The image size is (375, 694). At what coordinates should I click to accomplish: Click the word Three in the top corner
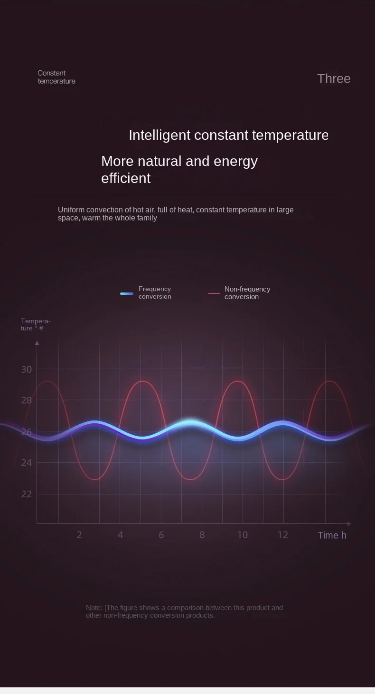tap(334, 79)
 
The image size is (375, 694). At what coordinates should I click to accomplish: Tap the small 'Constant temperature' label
tap(56, 77)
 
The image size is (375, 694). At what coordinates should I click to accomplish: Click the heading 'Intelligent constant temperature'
tap(228, 135)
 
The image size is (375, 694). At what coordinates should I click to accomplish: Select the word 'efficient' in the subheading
tap(126, 178)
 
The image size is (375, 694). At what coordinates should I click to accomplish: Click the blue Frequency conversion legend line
tap(127, 293)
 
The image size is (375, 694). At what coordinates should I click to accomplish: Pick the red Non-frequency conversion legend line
tap(214, 293)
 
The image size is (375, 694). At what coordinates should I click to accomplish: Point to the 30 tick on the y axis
tap(27, 369)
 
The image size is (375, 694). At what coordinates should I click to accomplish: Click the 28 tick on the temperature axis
tap(27, 400)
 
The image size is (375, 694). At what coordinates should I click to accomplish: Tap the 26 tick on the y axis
tap(27, 432)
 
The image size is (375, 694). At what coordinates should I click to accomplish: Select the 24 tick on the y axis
tap(27, 463)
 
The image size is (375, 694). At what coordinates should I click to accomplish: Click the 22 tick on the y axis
tap(27, 494)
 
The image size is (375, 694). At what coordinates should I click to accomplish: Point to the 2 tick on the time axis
tap(79, 535)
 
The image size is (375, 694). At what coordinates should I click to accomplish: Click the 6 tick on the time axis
tap(161, 535)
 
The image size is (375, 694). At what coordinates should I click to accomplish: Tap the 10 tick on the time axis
tap(243, 535)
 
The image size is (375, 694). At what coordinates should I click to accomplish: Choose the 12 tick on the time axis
tap(283, 535)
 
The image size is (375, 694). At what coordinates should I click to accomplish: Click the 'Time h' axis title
tap(332, 535)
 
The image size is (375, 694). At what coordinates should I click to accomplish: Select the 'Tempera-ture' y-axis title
tap(35, 325)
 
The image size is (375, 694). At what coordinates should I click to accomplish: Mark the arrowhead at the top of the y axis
tap(37, 342)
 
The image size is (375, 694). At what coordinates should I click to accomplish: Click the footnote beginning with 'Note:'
tap(184, 612)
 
